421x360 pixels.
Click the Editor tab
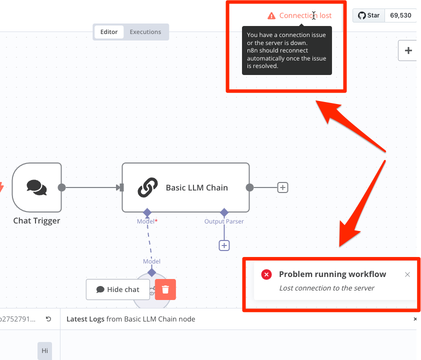point(109,32)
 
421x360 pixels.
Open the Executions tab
point(145,32)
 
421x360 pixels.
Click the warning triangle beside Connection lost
point(271,16)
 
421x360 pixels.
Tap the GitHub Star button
point(368,15)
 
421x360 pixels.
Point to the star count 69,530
point(400,15)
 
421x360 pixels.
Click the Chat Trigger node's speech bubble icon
point(37,187)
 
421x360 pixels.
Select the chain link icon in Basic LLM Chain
point(147,187)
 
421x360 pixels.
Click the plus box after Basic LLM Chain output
point(282,187)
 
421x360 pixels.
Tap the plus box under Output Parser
point(224,245)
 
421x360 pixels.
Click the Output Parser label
point(224,221)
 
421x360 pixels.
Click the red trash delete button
point(165,289)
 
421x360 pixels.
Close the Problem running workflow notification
point(407,274)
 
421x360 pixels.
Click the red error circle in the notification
point(266,274)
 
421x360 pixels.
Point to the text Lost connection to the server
point(326,288)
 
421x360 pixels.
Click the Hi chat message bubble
point(44,350)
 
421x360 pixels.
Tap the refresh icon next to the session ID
point(48,319)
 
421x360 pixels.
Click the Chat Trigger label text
point(37,220)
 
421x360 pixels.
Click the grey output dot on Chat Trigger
point(62,187)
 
